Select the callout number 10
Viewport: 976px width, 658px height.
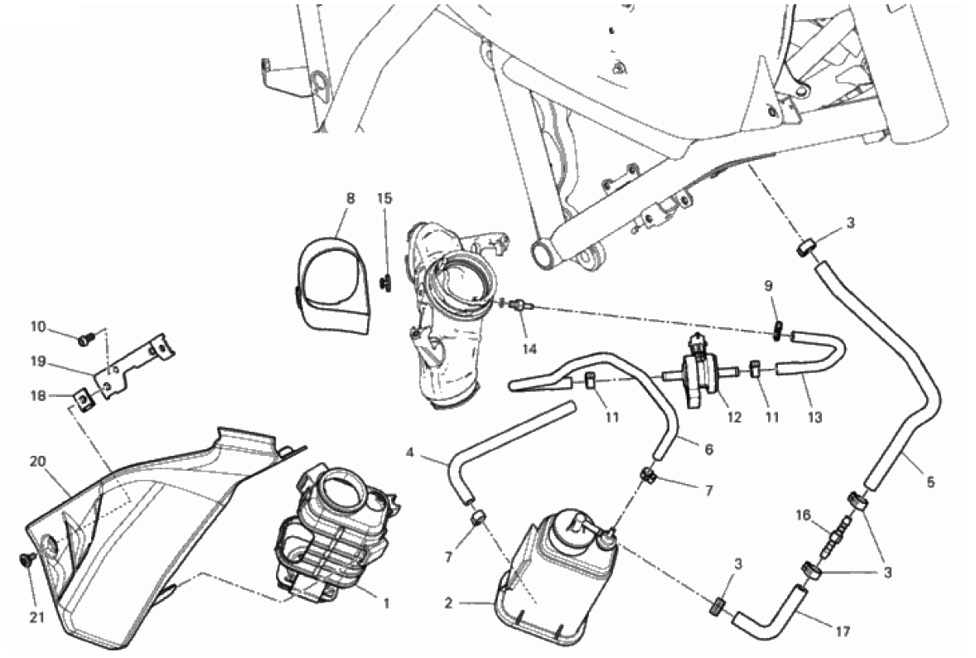coord(37,327)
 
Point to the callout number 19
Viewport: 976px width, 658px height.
coord(37,361)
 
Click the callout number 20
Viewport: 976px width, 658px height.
coord(37,462)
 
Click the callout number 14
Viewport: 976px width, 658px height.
coord(529,349)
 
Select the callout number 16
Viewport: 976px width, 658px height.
coord(804,515)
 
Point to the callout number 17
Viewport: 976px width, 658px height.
coord(843,631)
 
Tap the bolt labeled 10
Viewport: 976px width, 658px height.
coord(83,339)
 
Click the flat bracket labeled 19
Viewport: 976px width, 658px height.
coord(137,365)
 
